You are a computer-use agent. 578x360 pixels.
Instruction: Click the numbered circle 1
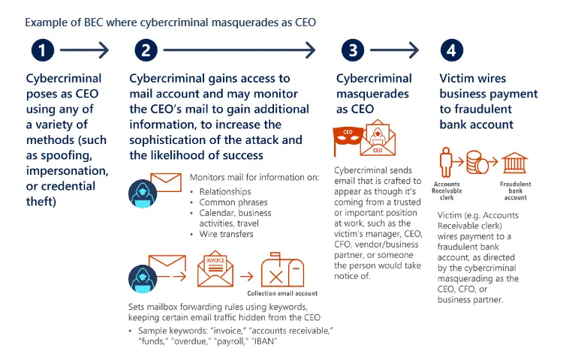click(43, 50)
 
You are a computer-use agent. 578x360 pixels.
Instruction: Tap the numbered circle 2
click(146, 50)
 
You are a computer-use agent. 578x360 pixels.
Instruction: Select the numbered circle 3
click(353, 50)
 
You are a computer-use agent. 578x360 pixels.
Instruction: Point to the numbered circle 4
click(452, 50)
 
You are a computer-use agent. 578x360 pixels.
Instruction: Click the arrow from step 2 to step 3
click(239, 50)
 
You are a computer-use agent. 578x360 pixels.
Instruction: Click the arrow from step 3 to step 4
click(394, 50)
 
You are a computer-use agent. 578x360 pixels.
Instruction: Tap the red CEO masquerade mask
click(348, 137)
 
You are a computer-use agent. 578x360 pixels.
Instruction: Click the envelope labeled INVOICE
click(215, 268)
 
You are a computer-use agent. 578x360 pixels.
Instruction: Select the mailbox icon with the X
click(283, 270)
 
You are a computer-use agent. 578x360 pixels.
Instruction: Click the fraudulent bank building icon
click(515, 163)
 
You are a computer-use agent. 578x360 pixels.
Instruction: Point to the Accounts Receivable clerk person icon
click(446, 162)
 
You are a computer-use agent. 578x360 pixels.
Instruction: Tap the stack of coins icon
click(477, 163)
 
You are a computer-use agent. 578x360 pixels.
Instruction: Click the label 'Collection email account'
click(282, 293)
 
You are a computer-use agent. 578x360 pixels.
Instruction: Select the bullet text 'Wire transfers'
click(227, 234)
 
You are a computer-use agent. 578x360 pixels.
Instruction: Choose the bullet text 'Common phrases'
click(233, 202)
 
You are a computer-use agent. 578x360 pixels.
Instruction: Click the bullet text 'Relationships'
click(225, 191)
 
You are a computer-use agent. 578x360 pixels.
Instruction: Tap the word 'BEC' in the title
click(94, 22)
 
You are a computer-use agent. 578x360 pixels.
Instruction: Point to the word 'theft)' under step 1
click(41, 202)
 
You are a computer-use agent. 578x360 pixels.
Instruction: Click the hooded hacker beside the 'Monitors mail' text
click(143, 193)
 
